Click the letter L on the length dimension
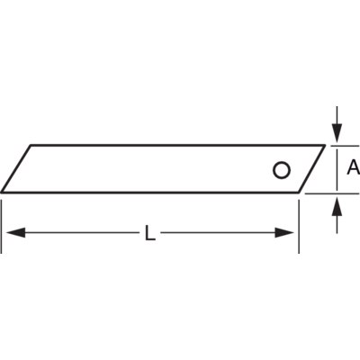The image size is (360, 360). (x=150, y=233)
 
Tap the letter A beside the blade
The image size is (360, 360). (x=354, y=167)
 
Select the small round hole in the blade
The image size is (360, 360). (x=282, y=170)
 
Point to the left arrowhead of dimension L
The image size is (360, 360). (x=15, y=233)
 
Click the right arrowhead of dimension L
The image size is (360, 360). (x=284, y=233)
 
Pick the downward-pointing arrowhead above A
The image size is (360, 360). (x=337, y=133)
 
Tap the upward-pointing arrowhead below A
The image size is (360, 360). (x=337, y=206)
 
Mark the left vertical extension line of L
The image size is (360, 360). (x=2, y=227)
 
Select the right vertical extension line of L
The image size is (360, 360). (x=299, y=227)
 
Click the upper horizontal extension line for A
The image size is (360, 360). (x=345, y=146)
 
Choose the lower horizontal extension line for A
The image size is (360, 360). (x=332, y=193)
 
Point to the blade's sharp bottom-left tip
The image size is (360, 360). (x=1, y=192)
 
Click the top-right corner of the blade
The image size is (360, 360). (x=325, y=146)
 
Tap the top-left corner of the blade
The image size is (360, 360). (x=31, y=146)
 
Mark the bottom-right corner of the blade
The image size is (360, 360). (x=299, y=192)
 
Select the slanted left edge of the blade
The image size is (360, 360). (x=16, y=169)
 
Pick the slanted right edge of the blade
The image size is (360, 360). (x=311, y=169)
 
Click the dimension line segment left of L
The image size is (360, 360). (x=75, y=233)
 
